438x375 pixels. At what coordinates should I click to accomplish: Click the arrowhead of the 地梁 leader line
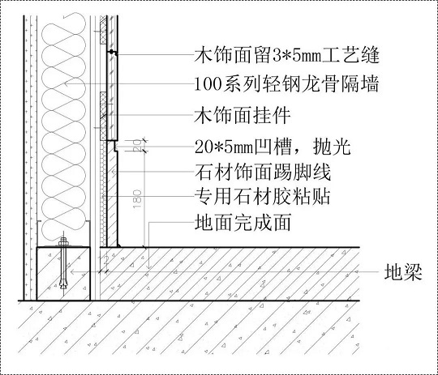point(72,273)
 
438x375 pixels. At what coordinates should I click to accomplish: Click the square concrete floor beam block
point(61,273)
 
